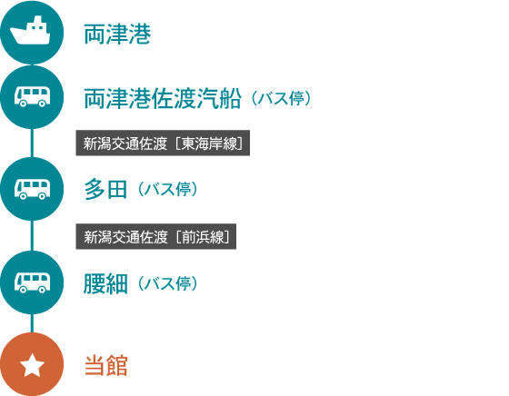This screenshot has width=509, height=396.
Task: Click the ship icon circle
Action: (32, 33)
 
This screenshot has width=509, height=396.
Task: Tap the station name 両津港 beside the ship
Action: (117, 34)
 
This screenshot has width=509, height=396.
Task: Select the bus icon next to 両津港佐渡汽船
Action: (32, 97)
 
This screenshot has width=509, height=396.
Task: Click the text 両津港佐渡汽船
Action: (163, 98)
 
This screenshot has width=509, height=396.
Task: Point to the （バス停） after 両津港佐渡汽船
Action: (281, 98)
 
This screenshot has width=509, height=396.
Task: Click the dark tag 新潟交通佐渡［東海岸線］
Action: (163, 143)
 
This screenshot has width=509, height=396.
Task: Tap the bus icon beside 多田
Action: (32, 189)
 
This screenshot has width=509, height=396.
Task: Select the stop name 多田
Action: (105, 190)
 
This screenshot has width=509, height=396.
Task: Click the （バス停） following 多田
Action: (167, 190)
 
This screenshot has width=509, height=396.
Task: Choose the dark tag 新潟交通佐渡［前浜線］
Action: (155, 236)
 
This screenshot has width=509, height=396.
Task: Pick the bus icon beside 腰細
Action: (32, 282)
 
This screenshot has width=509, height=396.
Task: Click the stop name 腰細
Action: (105, 283)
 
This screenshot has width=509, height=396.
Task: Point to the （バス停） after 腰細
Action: (167, 283)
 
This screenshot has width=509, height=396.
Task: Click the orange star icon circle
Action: (32, 364)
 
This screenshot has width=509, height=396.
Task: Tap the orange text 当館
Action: (106, 365)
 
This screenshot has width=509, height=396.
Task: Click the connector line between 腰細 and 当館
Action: (32, 323)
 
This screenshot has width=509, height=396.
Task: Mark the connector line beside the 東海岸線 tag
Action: (32, 143)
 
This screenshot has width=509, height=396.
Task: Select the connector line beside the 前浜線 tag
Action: (32, 235)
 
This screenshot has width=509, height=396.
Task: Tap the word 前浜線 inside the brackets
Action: (203, 237)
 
